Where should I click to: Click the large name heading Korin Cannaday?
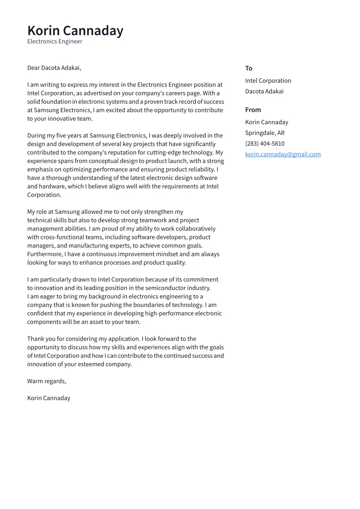(75, 31)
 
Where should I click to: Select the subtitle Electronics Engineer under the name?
(54, 41)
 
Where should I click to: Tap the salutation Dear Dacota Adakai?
(54, 68)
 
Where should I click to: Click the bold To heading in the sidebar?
(248, 68)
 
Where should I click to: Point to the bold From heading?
(253, 110)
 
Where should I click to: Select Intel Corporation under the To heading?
(268, 81)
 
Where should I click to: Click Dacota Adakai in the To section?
(264, 91)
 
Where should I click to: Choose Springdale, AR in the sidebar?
(264, 133)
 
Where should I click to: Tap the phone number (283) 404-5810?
(264, 143)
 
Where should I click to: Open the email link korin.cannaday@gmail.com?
(283, 154)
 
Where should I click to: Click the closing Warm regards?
(47, 381)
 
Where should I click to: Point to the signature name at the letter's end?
(48, 398)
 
